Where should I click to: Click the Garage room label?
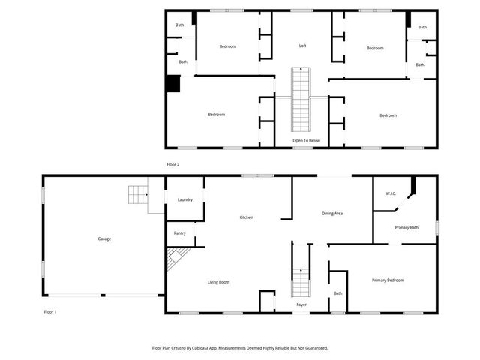click(104, 238)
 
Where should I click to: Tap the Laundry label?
click(185, 199)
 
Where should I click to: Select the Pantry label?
click(180, 233)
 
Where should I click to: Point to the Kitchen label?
click(246, 217)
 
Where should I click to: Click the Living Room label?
click(218, 282)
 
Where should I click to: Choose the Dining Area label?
click(332, 214)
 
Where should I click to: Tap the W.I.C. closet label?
click(391, 193)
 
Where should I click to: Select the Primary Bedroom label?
click(388, 280)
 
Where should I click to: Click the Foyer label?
click(301, 304)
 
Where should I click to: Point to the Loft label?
click(302, 46)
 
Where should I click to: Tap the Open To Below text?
click(307, 140)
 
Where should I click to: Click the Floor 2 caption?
click(173, 164)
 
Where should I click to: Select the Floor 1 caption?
click(50, 311)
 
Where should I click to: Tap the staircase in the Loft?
click(301, 97)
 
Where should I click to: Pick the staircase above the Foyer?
click(301, 282)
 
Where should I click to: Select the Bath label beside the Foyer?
click(337, 293)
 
